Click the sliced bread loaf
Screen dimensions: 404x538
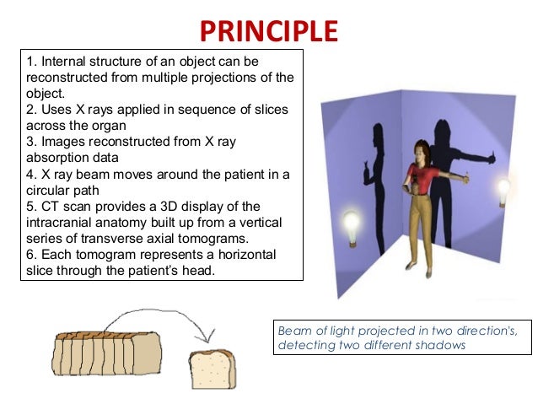[106, 353]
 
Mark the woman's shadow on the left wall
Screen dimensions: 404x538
[371, 160]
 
